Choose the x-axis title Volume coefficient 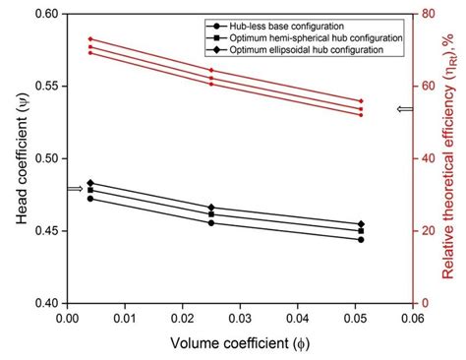pos(236,342)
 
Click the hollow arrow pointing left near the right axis pos(402,110)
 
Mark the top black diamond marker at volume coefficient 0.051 pos(361,224)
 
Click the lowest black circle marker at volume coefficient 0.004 pos(90,199)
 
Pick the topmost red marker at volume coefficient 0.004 pos(90,39)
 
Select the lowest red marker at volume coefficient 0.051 pos(361,115)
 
